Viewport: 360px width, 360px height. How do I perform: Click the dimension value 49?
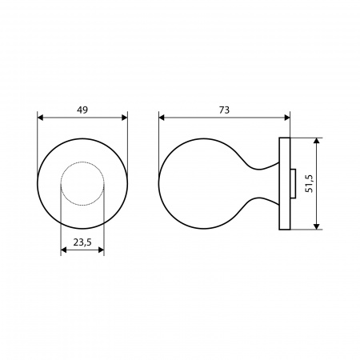tap(82, 110)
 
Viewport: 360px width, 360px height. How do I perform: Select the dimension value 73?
tap(224, 110)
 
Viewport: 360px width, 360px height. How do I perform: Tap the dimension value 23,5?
tap(82, 242)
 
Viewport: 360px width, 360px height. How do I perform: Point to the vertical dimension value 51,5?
tap(309, 184)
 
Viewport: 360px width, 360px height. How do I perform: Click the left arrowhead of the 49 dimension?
tap(40, 118)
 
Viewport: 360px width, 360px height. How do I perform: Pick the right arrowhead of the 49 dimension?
tap(125, 118)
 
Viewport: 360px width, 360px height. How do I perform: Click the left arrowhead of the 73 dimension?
tap(162, 118)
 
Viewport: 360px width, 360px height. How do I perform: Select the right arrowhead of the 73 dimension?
tap(287, 118)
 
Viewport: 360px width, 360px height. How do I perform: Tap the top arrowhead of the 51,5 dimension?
tap(317, 141)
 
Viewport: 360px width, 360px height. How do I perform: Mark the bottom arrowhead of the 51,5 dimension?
tap(317, 226)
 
